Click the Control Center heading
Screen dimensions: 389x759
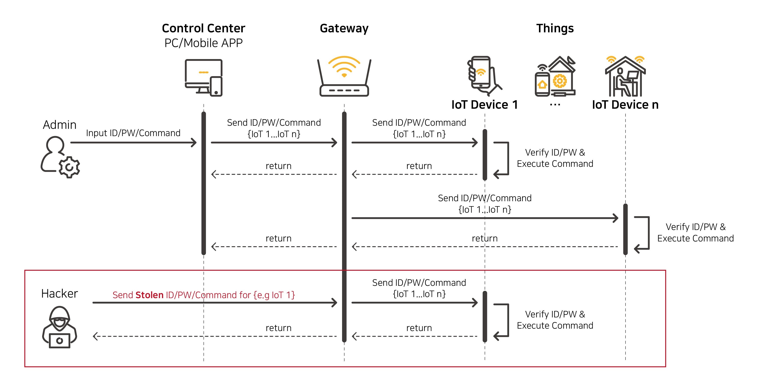pos(203,28)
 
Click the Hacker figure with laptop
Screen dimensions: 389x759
pos(59,327)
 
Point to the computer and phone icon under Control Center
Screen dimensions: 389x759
pos(203,77)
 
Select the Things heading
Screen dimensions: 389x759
pos(555,28)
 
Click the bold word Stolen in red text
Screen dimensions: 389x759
pos(149,295)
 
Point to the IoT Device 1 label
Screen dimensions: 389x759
pos(484,105)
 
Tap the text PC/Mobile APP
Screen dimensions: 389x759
pos(203,43)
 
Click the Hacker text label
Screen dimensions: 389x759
pos(59,294)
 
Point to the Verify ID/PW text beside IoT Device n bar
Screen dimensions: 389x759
pos(695,227)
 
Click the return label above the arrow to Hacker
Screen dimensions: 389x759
pos(278,328)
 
